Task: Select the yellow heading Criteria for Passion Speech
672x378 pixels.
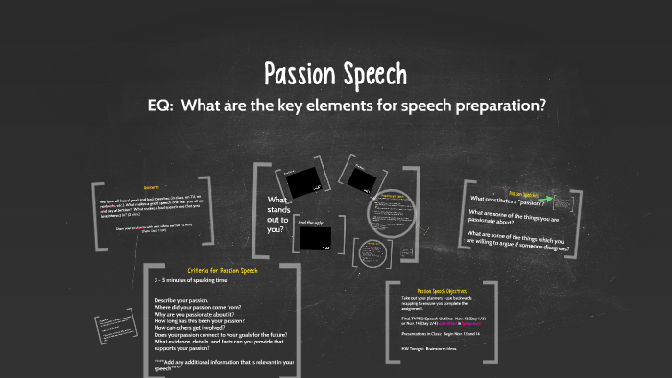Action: (223, 272)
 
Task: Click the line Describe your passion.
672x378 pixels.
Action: (187, 301)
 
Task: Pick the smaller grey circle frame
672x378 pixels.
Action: (371, 252)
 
